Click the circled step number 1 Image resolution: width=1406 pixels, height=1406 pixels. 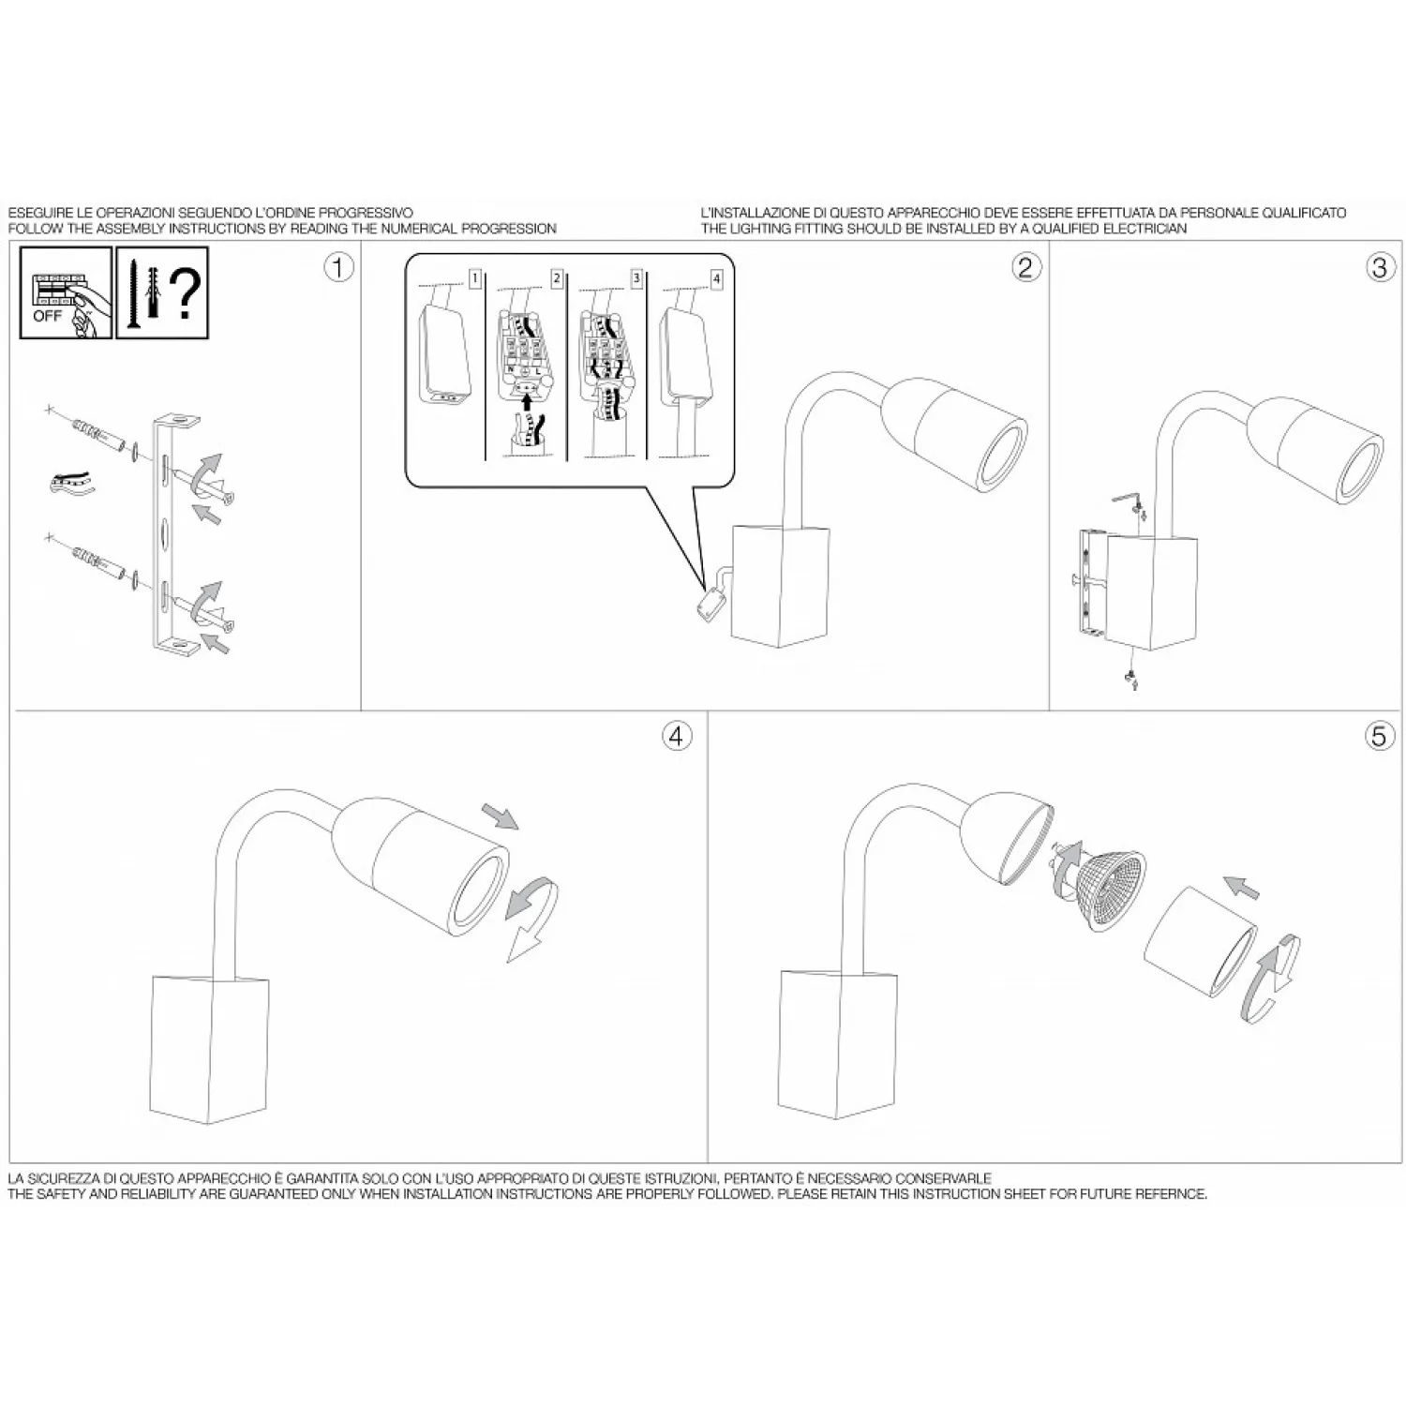pos(338,267)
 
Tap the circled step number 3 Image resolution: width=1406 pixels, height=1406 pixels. pos(1378,267)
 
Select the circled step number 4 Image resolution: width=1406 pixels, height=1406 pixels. pos(677,736)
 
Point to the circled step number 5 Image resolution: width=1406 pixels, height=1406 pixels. pos(1378,736)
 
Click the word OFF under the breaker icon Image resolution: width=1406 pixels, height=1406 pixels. pos(47,315)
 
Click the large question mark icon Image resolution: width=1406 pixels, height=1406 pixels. pos(186,292)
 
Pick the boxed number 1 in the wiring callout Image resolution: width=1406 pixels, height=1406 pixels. pos(475,278)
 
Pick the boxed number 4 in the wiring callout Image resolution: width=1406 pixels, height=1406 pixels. pos(717,278)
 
